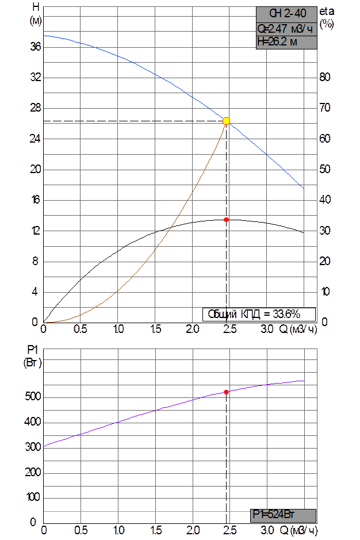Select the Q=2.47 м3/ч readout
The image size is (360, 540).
[286, 28]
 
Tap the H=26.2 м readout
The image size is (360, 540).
[286, 41]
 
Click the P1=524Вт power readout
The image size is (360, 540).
[284, 515]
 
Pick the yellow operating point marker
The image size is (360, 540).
[226, 121]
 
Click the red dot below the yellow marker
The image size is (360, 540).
[227, 220]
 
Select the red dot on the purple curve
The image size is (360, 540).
[227, 392]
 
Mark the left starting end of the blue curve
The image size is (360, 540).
[44, 36]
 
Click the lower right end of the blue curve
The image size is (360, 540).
[303, 187]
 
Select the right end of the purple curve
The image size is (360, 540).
[304, 381]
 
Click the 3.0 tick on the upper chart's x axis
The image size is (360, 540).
[267, 330]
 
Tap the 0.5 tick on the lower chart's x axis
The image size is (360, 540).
[81, 530]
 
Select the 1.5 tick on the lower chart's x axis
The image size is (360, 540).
[155, 530]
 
